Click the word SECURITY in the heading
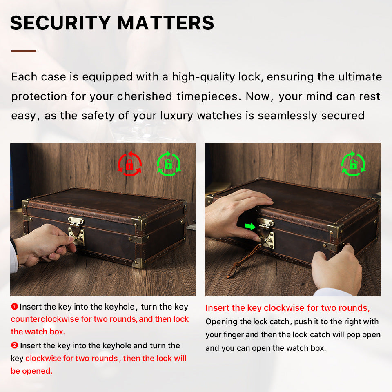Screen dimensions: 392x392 point(60,23)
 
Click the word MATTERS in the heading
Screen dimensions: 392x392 point(166,23)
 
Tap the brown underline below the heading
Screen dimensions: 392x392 point(24,51)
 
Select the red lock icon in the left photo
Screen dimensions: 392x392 point(130,164)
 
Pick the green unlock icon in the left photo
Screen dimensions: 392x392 point(169,164)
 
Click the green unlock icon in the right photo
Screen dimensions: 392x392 point(353,164)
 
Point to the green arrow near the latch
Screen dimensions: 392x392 point(250,227)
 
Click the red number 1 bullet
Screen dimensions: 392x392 point(15,306)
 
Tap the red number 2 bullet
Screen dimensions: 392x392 point(15,345)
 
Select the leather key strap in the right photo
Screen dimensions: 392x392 point(244,261)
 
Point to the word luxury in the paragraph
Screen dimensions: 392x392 point(177,116)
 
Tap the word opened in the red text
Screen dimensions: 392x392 point(37,371)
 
